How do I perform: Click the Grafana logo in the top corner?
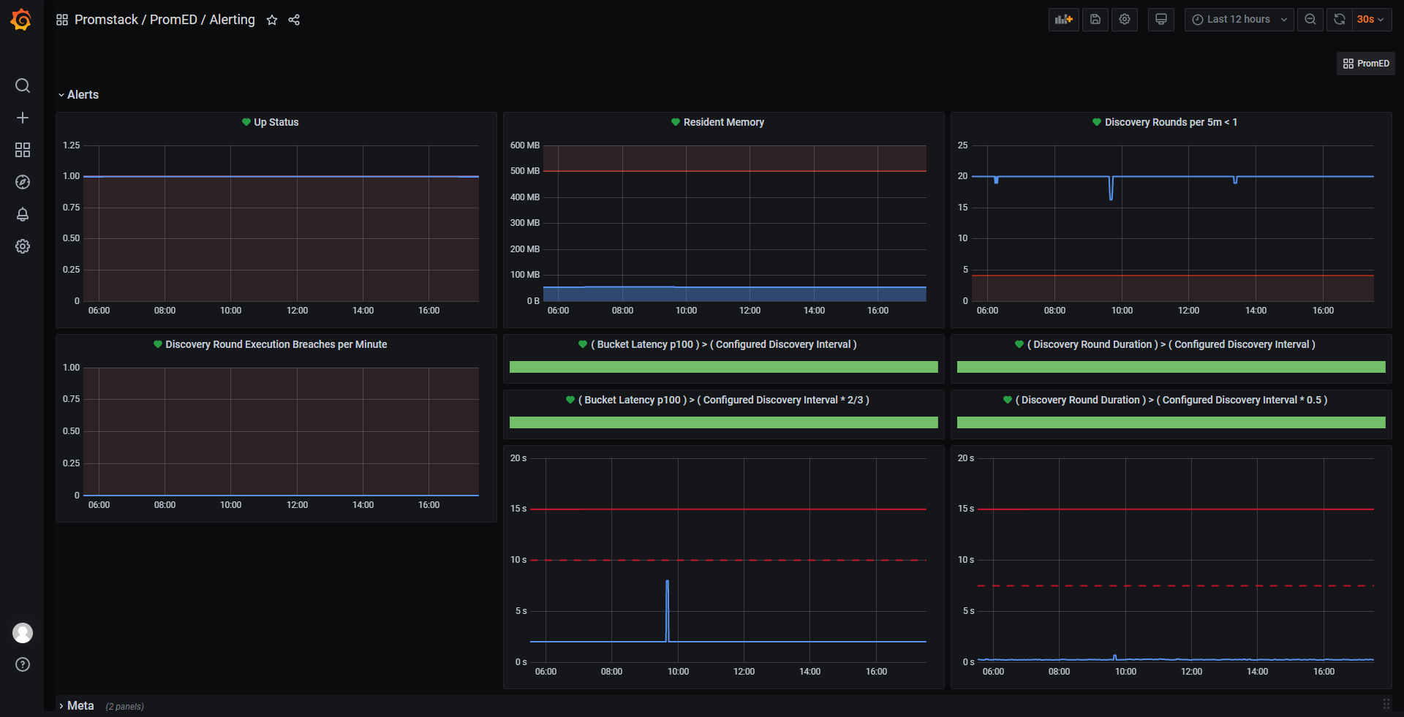(x=21, y=20)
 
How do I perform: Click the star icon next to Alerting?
(x=272, y=20)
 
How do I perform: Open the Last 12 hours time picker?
(x=1239, y=20)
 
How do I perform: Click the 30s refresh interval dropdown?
(x=1370, y=20)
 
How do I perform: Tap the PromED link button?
(x=1366, y=64)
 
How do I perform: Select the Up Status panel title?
(x=276, y=122)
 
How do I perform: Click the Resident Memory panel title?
(x=723, y=122)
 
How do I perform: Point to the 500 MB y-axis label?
(x=524, y=171)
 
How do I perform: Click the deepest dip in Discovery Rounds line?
(x=1111, y=198)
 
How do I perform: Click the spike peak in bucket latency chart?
(x=667, y=582)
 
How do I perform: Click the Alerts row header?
(x=83, y=95)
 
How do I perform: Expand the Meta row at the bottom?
(x=80, y=706)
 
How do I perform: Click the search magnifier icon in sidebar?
(x=23, y=86)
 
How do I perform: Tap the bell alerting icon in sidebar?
(x=23, y=214)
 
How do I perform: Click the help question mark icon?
(x=23, y=664)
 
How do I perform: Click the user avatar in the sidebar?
(x=23, y=633)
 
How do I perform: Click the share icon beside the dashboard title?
(x=294, y=20)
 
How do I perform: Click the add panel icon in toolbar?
(x=1063, y=20)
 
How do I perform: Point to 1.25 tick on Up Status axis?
(x=72, y=145)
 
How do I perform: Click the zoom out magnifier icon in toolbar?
(x=1310, y=20)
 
